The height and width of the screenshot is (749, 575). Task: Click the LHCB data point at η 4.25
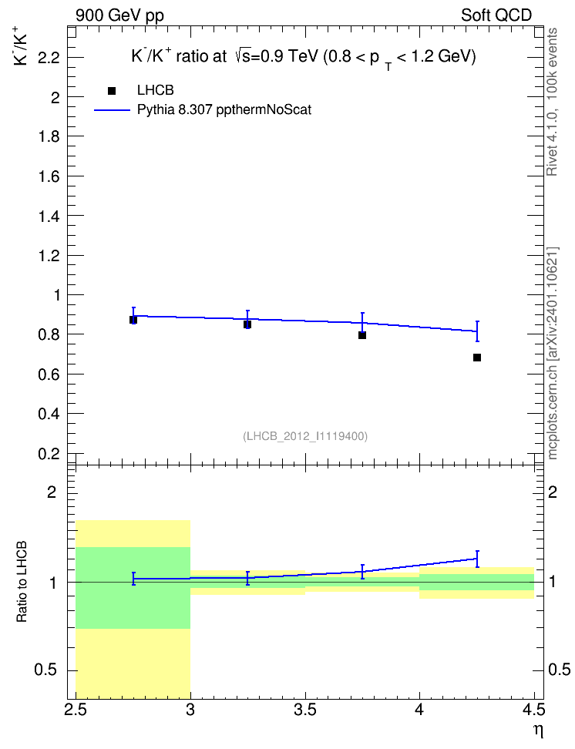pos(476,358)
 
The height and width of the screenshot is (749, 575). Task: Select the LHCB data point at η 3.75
pos(362,335)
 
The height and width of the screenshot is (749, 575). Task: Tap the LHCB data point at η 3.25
pos(247,324)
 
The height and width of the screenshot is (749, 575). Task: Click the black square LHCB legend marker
pos(112,91)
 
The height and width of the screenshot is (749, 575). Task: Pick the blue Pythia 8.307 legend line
pos(112,110)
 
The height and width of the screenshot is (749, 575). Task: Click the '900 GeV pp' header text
pos(119,15)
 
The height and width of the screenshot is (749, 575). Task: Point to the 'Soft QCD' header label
pos(496,15)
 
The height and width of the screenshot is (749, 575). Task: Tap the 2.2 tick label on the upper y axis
pos(49,58)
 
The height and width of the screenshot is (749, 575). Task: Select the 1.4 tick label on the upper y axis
pos(49,216)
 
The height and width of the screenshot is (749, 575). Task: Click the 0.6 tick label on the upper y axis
pos(49,374)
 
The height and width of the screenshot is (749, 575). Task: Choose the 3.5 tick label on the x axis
pos(305,710)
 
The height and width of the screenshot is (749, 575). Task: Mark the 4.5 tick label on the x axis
pos(533,710)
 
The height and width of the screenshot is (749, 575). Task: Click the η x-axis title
pos(539,731)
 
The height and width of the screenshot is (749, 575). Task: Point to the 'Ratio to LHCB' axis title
pos(22,582)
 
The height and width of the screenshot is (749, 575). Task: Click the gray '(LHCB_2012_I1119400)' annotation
pos(305,436)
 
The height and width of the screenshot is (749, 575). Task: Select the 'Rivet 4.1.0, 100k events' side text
pos(552,102)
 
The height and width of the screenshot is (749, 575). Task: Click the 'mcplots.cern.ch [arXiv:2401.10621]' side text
pos(552,353)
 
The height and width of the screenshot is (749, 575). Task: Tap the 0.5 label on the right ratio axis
pos(559,670)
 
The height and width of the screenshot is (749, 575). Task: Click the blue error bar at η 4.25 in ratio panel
pos(477,559)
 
